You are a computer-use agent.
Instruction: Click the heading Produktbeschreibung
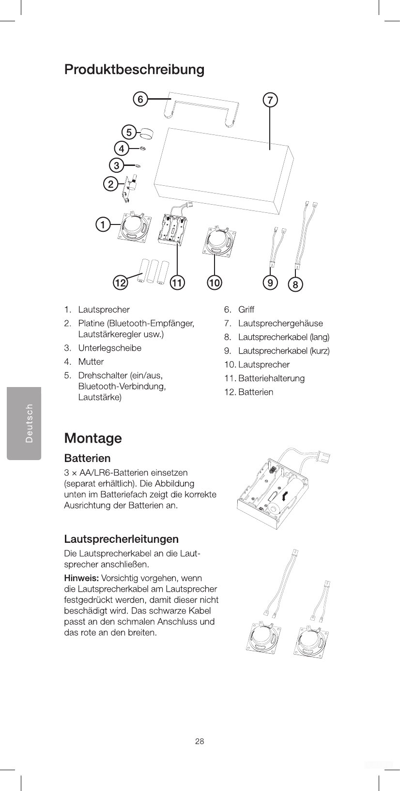click(134, 70)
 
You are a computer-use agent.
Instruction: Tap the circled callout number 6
click(140, 99)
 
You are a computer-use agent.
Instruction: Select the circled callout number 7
click(270, 100)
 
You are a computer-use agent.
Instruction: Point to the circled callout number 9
click(270, 282)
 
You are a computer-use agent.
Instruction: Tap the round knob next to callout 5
click(146, 133)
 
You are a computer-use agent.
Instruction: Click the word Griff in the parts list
click(246, 310)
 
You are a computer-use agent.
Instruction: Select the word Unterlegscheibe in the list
click(110, 348)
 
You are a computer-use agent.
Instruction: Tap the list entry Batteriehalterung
click(271, 378)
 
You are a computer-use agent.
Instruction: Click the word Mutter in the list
click(91, 362)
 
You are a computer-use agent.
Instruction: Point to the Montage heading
click(93, 438)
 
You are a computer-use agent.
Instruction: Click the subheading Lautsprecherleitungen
click(121, 539)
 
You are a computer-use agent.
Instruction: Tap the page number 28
click(200, 741)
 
